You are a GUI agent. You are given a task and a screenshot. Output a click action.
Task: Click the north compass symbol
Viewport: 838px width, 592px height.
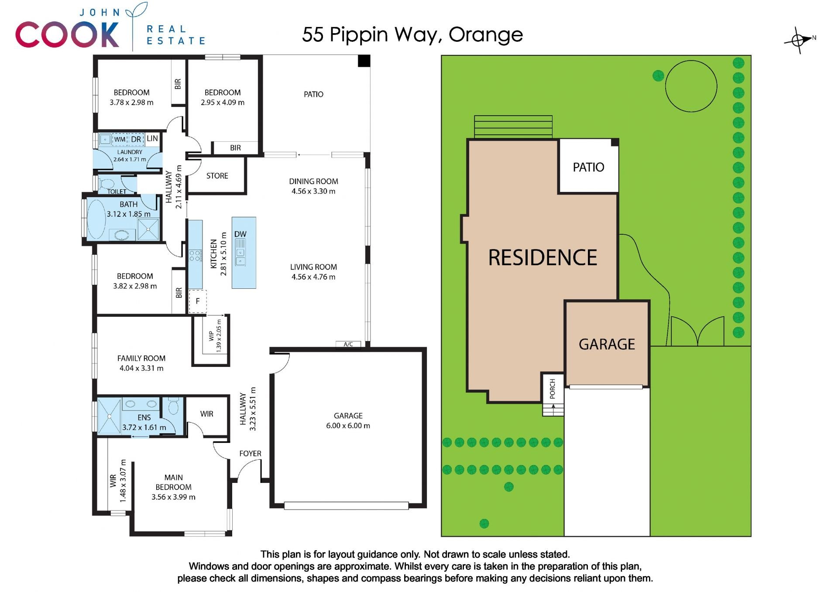799,41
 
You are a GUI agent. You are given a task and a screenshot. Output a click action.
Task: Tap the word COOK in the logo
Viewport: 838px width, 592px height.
67,34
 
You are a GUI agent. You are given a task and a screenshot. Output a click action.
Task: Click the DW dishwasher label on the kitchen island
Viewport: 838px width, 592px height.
240,234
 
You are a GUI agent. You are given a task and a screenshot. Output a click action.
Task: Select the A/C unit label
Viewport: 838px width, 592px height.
348,344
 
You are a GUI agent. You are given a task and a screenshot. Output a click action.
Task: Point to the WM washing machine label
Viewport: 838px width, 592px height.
120,139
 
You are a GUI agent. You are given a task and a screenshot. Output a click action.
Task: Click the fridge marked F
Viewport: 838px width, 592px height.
198,301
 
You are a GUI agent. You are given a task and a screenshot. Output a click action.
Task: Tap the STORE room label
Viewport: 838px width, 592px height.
217,176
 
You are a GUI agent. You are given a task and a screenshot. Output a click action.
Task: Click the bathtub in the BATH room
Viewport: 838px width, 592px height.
96,219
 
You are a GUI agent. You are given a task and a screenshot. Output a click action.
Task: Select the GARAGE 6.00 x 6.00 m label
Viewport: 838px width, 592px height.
348,421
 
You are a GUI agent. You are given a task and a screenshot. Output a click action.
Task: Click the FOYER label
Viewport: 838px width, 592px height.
250,454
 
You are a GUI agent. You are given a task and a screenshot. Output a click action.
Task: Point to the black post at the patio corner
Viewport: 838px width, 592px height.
364,61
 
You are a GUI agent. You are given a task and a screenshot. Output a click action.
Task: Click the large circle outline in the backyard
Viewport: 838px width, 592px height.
691,86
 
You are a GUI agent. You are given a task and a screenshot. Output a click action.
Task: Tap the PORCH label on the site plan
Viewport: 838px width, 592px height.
553,388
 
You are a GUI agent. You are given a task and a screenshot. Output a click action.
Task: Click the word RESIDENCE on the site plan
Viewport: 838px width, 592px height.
543,257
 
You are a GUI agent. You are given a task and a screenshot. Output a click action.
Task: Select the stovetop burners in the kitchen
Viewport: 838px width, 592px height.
195,256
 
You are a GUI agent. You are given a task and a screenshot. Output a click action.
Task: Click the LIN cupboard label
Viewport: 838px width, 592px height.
152,138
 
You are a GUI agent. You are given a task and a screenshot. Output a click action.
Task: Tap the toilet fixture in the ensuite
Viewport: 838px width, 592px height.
173,406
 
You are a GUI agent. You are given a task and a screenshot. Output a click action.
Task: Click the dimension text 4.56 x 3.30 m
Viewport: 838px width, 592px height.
313,191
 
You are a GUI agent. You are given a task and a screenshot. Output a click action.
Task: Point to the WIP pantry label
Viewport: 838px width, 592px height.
212,335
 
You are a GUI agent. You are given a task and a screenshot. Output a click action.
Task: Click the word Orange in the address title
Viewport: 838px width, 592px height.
486,35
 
